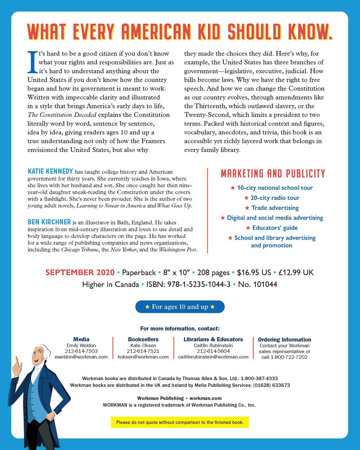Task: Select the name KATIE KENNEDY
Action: click(x=50, y=171)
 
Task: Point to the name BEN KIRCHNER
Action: click(x=49, y=222)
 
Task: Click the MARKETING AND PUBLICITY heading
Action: click(x=273, y=174)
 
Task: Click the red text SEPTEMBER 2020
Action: click(x=80, y=272)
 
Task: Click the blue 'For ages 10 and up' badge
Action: click(x=180, y=307)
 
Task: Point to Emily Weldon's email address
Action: click(x=81, y=357)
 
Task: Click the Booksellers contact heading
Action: click(x=143, y=339)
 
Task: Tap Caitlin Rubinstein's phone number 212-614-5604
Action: click(x=213, y=351)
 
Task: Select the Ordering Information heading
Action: click(x=284, y=339)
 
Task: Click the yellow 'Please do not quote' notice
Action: click(x=180, y=422)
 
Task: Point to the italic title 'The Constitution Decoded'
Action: click(x=62, y=115)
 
